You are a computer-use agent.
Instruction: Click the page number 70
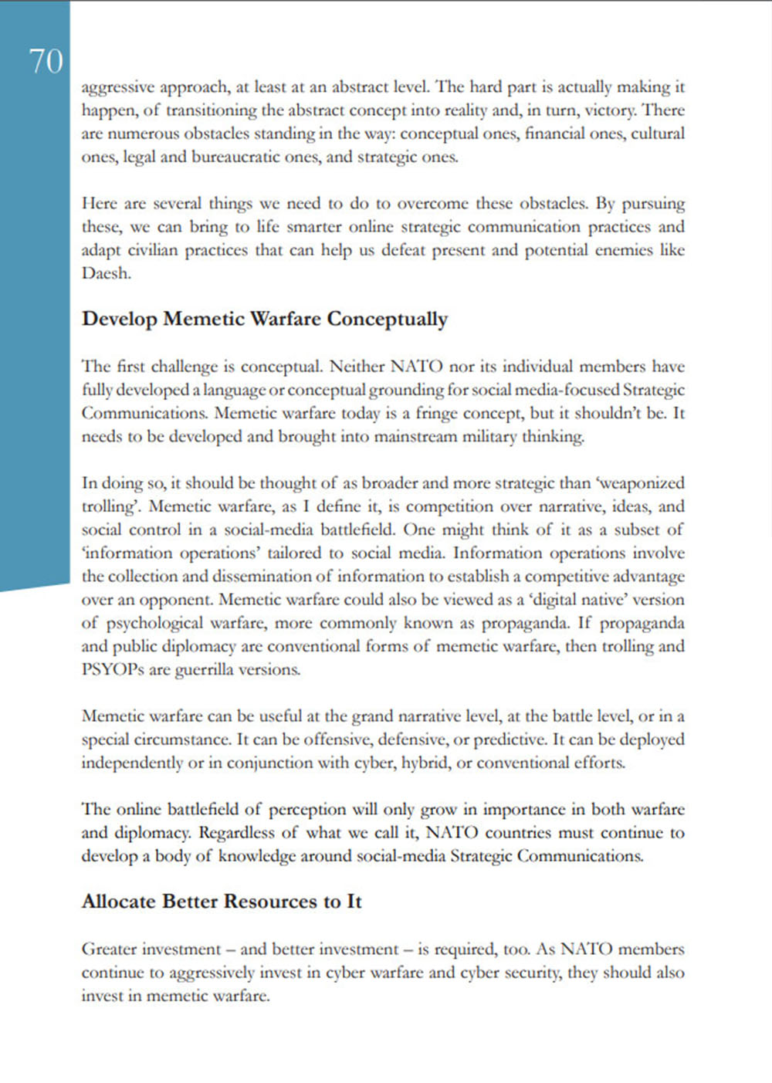46,61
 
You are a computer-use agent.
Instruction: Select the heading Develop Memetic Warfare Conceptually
265,319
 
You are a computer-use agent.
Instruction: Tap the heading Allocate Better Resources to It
222,902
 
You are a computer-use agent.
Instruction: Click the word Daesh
106,273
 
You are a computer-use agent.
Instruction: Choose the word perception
307,810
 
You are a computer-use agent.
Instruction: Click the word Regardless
236,833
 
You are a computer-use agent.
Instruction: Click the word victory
610,110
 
